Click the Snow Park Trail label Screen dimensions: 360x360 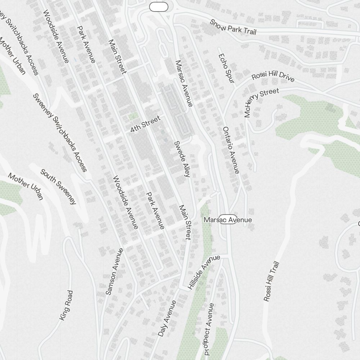coord(233,27)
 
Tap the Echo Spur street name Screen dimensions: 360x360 coord(226,70)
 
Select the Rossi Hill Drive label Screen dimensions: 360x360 coord(273,76)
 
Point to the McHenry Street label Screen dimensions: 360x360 coord(261,103)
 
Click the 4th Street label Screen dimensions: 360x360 coord(145,124)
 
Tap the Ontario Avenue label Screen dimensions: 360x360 coord(231,150)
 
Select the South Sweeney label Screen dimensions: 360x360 coord(58,186)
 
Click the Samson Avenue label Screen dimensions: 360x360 coord(114,271)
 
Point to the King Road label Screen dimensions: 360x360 coord(66,305)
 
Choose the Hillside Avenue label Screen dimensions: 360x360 coord(204,273)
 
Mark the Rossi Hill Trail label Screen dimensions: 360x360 coord(271,282)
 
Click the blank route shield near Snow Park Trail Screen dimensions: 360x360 coord(159,7)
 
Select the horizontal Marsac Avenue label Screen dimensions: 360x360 coord(228,220)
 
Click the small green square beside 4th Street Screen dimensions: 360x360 coord(134,116)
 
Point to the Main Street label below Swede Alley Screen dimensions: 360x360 coord(185,222)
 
